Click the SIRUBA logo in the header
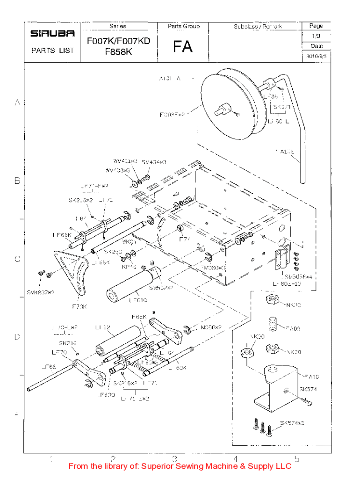click(52, 34)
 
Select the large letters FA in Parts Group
click(182, 46)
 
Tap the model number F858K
click(118, 52)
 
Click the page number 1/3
click(316, 36)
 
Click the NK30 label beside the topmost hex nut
click(293, 305)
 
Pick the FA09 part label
click(294, 329)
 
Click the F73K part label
click(79, 306)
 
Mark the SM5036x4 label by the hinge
click(298, 277)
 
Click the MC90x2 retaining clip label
click(211, 328)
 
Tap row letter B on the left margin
click(17, 181)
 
